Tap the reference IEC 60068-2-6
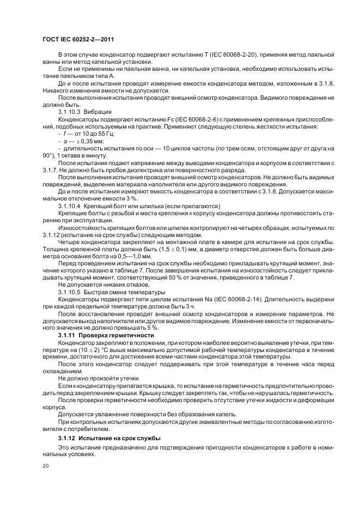point(184,117)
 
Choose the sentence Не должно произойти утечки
point(92,378)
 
